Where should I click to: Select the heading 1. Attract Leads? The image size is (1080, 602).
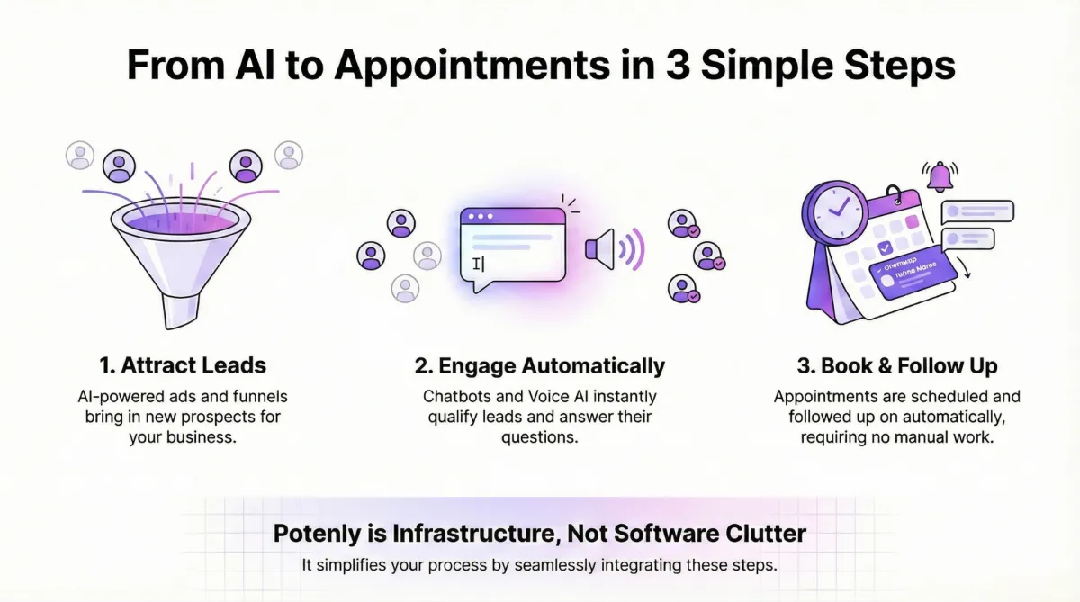[183, 366]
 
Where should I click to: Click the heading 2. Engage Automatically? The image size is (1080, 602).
[540, 366]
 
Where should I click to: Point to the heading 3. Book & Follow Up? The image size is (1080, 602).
[896, 366]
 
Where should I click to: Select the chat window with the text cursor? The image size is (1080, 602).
[513, 247]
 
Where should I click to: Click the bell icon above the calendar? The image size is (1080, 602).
[940, 176]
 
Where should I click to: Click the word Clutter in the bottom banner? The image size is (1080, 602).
[765, 534]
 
